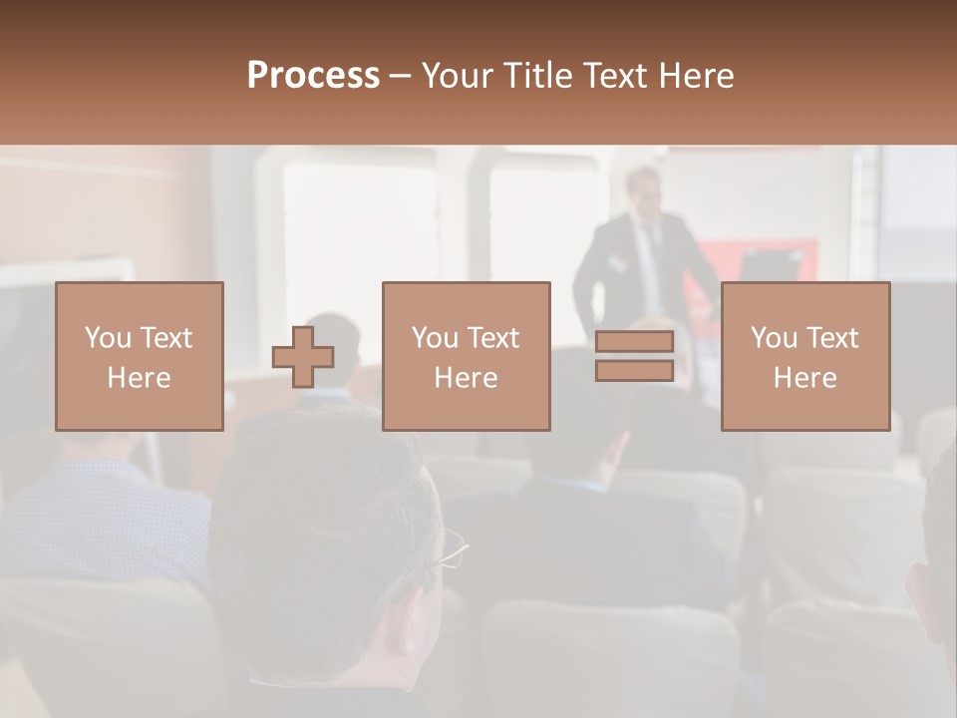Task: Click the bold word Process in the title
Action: (313, 76)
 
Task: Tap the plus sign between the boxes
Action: (303, 356)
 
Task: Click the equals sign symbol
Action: (634, 356)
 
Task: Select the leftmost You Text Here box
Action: (139, 356)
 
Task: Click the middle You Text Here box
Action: (466, 356)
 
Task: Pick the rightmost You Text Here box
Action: (804, 356)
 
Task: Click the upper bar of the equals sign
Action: (634, 342)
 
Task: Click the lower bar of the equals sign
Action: (634, 370)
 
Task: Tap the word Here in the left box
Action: (139, 378)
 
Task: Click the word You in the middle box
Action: (435, 338)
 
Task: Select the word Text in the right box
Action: (833, 338)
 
